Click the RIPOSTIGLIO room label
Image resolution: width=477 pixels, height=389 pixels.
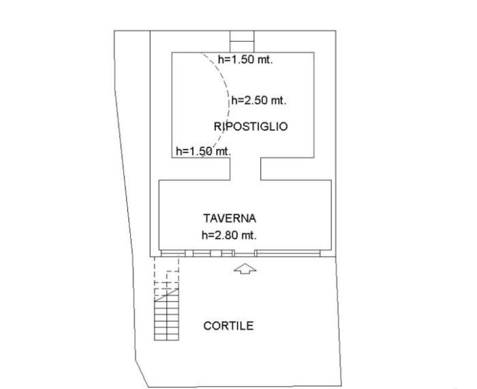(x=251, y=126)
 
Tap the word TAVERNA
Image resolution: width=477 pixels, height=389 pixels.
(x=230, y=218)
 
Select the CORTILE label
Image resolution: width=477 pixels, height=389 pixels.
(x=228, y=326)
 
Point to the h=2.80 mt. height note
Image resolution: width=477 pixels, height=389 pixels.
(x=229, y=235)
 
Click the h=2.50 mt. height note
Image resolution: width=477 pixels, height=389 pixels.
(x=259, y=100)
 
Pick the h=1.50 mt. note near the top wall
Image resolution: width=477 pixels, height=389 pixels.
(x=245, y=59)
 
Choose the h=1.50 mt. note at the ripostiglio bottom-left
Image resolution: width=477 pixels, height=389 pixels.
(x=204, y=151)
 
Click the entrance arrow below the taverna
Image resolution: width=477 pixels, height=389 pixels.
(x=245, y=269)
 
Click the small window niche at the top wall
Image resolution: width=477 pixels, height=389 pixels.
(x=242, y=42)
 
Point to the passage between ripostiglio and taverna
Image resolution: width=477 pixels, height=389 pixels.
(x=245, y=169)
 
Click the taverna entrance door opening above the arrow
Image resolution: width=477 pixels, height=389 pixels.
(x=245, y=253)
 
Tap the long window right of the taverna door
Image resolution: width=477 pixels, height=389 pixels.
(x=288, y=253)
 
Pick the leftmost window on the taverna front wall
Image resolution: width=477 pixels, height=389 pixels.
(x=173, y=253)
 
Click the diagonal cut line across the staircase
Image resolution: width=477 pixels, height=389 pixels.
(x=166, y=295)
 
